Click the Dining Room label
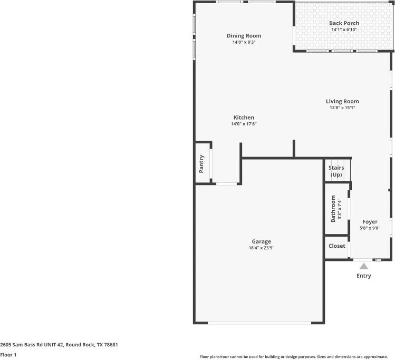coord(244,36)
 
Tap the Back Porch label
coord(344,23)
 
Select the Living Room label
coord(342,101)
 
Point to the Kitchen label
coord(244,118)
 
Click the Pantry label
coord(201,163)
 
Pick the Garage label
coord(261,241)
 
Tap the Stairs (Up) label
coord(336,171)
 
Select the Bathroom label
coord(333,209)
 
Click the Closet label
coord(336,246)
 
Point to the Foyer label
coord(369,222)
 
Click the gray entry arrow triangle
coord(364,266)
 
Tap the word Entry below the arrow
coord(364,276)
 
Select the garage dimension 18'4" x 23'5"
coord(261,248)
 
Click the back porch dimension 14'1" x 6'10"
coord(344,30)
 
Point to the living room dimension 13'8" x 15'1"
coord(342,108)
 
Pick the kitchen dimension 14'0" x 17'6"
coord(244,124)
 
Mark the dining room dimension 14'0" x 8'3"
coord(244,42)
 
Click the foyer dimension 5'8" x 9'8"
coord(369,228)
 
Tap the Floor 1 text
coord(9,355)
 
